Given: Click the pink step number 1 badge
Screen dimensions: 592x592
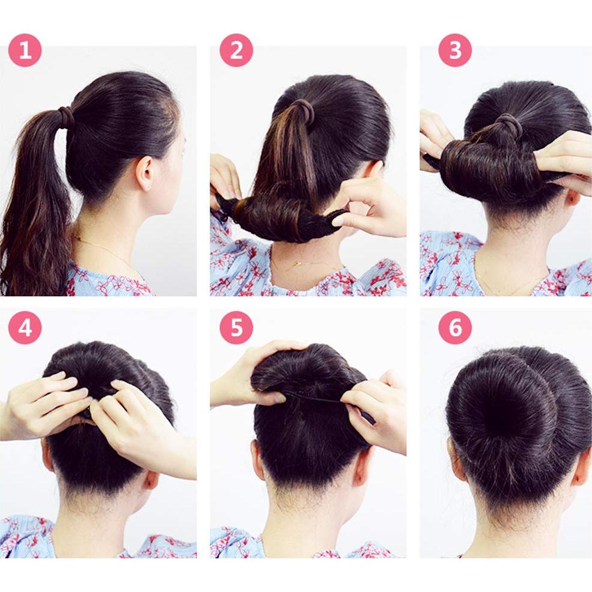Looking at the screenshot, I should tap(25, 50).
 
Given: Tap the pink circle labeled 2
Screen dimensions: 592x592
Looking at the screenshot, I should tap(236, 50).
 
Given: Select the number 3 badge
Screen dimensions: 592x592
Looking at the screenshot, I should tap(455, 50).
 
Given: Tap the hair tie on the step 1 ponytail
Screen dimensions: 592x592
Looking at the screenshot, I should tap(66, 117).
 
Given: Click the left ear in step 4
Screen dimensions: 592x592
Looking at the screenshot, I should tap(48, 454).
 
